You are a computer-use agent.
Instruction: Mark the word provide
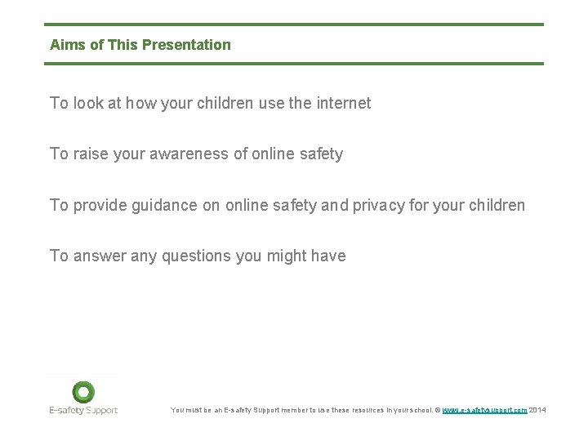click(x=101, y=205)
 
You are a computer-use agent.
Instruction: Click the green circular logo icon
click(x=82, y=392)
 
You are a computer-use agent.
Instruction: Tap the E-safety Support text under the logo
click(x=82, y=410)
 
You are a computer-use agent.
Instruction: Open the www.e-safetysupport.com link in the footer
click(x=484, y=410)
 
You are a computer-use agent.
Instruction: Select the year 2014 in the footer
click(x=537, y=410)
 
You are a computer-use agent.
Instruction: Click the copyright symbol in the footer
click(x=438, y=410)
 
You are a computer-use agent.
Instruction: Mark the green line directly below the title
click(x=294, y=63)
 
